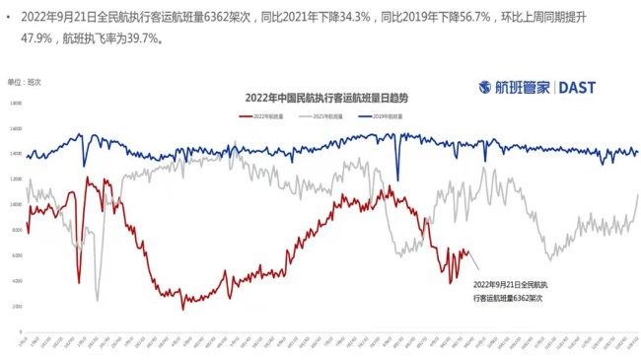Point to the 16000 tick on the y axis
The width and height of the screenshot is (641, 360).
click(x=16, y=128)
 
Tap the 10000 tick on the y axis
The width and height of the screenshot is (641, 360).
click(x=16, y=204)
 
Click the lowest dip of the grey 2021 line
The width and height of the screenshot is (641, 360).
click(x=97, y=299)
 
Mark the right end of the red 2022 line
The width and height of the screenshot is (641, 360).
click(x=467, y=252)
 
